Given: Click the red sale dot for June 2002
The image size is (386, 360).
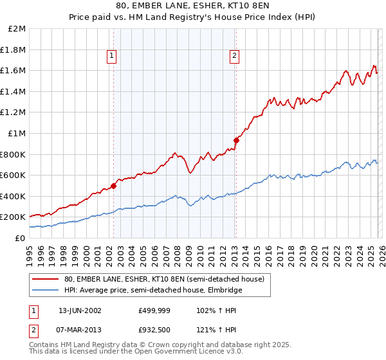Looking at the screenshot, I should (114, 186).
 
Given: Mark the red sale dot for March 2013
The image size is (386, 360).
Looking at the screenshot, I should (236, 140).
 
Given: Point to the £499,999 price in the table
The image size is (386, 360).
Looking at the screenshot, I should (154, 310).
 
